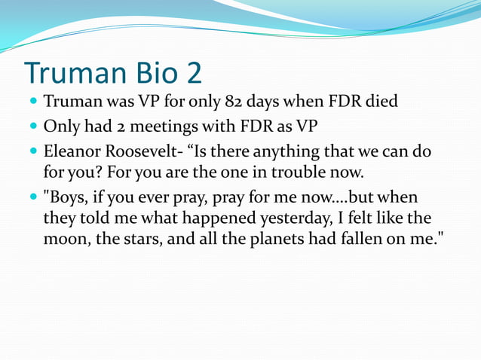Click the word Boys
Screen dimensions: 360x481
tap(64, 198)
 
